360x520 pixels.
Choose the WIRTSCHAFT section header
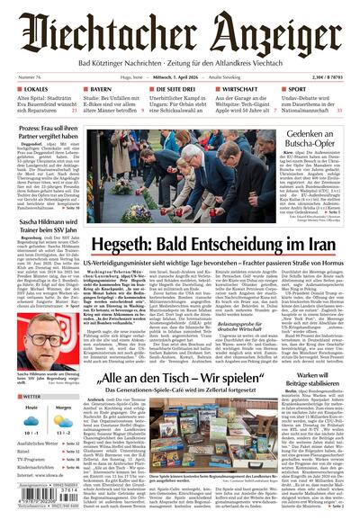click(239, 90)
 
